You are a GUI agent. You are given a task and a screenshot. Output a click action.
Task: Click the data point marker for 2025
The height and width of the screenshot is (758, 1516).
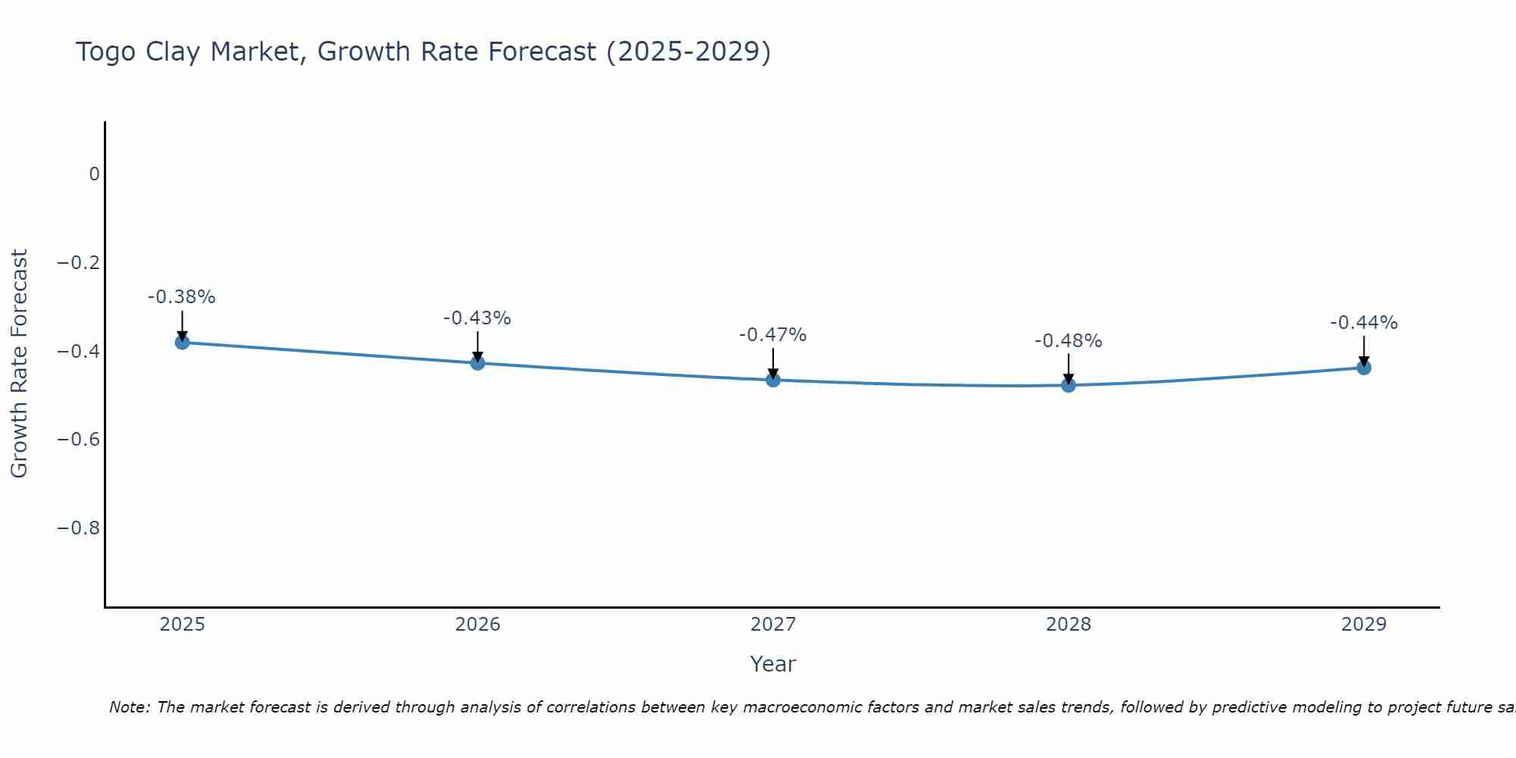(182, 343)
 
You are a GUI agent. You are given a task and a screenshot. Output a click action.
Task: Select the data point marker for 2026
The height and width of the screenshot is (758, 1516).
(478, 363)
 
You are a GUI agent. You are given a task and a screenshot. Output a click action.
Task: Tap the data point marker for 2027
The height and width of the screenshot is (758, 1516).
(773, 380)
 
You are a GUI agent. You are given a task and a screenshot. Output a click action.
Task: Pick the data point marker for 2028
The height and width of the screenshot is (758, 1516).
(1068, 385)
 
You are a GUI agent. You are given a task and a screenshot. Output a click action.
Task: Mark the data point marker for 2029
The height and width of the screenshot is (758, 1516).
(1364, 368)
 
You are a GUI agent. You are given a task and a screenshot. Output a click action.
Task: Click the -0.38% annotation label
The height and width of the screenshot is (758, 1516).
(182, 297)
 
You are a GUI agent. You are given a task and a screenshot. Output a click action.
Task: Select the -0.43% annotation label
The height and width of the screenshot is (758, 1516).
(478, 318)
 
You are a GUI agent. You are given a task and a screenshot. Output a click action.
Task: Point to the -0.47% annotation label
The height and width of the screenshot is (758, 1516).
(773, 335)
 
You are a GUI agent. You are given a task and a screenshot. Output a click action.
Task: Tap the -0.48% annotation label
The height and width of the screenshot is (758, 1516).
(1068, 341)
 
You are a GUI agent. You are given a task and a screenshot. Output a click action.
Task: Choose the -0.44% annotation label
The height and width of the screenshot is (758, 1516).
(1364, 323)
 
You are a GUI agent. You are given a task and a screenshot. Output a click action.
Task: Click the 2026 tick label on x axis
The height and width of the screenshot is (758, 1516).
(478, 625)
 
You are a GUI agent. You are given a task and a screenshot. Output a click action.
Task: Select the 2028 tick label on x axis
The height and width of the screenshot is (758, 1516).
(1068, 625)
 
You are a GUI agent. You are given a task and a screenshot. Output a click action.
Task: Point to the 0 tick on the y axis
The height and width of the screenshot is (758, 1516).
(94, 174)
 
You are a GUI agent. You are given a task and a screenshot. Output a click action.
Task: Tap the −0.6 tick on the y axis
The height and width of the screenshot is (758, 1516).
(79, 440)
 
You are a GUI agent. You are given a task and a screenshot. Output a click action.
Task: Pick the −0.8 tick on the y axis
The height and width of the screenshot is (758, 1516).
(79, 528)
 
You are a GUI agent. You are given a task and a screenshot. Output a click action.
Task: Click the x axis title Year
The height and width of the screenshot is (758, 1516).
(773, 664)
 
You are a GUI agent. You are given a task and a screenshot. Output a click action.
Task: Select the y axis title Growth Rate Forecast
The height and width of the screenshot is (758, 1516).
(19, 364)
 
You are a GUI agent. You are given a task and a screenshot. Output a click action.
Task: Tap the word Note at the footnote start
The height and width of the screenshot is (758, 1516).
(130, 707)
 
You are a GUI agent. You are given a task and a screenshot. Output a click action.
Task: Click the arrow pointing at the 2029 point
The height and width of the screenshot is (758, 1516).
(1364, 350)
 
